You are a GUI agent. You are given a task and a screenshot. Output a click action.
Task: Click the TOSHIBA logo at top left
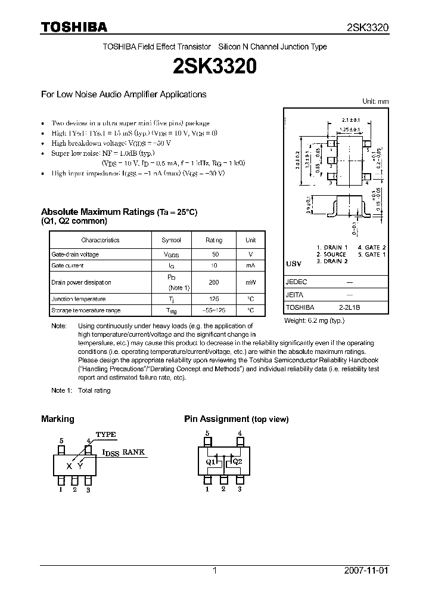[x=74, y=27]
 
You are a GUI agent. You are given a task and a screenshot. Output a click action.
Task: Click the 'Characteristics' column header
[x=100, y=240]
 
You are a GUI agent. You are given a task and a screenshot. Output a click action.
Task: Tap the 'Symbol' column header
[x=171, y=240]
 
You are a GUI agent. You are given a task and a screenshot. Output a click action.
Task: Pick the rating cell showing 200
[x=213, y=282]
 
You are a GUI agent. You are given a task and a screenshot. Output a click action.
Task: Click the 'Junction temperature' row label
[x=79, y=299]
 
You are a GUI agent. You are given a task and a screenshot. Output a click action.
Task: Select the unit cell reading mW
[x=250, y=282]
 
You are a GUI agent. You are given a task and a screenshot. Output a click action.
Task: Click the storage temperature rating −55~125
[x=213, y=310]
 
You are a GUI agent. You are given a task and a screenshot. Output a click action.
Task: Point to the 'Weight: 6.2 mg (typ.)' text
[x=314, y=321]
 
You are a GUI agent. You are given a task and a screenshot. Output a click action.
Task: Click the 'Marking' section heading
[x=57, y=419]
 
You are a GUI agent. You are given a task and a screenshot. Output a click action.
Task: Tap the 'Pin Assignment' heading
[x=216, y=419]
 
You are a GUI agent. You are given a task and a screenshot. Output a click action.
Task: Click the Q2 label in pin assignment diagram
[x=237, y=461]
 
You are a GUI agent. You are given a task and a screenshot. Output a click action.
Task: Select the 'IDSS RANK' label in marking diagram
[x=124, y=453]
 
